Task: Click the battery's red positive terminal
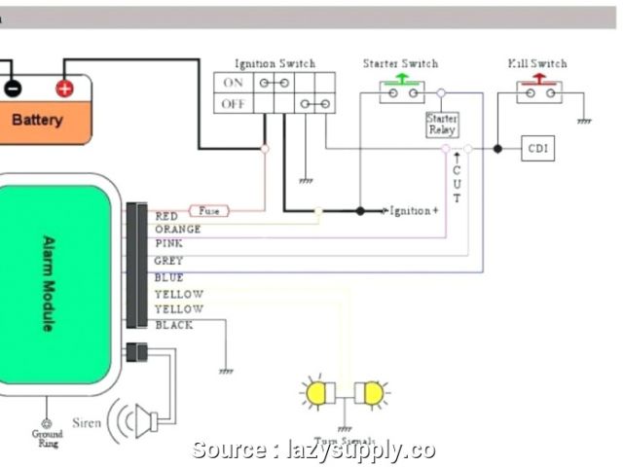[64, 89]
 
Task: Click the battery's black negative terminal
[12, 89]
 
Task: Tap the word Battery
[37, 121]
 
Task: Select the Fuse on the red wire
[209, 210]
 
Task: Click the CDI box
[538, 149]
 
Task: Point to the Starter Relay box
[441, 125]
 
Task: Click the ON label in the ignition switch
[234, 83]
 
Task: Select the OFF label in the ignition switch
[234, 103]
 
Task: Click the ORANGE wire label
[177, 230]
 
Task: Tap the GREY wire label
[168, 261]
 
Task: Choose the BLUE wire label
[168, 277]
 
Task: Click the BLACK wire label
[173, 325]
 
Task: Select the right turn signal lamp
[371, 392]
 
